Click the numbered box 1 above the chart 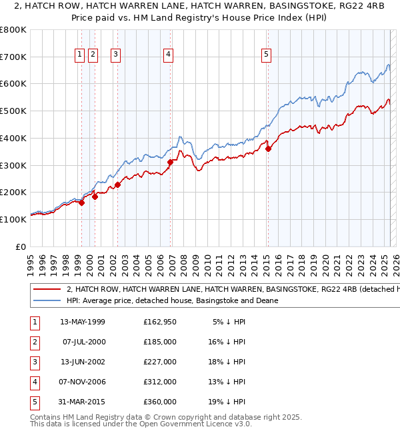tap(80, 55)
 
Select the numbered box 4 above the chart tap(169, 55)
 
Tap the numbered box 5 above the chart tap(266, 55)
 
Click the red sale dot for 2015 tap(268, 149)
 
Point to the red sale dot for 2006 tap(170, 162)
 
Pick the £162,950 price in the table tap(160, 322)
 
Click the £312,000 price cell tap(160, 382)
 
